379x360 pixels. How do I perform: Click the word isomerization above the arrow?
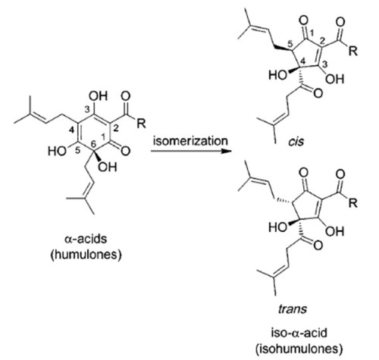click(x=190, y=141)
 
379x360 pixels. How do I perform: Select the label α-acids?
click(x=86, y=239)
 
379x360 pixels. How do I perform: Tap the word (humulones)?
click(x=86, y=255)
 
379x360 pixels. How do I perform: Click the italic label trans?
click(x=293, y=308)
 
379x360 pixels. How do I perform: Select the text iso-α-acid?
click(x=299, y=333)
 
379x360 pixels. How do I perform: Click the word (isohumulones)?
click(x=299, y=349)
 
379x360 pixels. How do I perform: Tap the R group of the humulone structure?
click(x=141, y=123)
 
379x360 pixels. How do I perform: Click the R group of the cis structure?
click(x=353, y=51)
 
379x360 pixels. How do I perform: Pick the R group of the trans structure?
click(x=353, y=202)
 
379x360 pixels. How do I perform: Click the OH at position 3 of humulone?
click(x=99, y=96)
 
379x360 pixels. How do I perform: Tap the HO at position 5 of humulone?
click(x=58, y=151)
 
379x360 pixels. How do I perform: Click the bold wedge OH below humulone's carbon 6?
click(x=108, y=167)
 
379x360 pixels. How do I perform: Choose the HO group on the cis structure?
click(x=277, y=75)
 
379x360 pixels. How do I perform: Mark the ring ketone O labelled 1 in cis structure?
click(x=303, y=20)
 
